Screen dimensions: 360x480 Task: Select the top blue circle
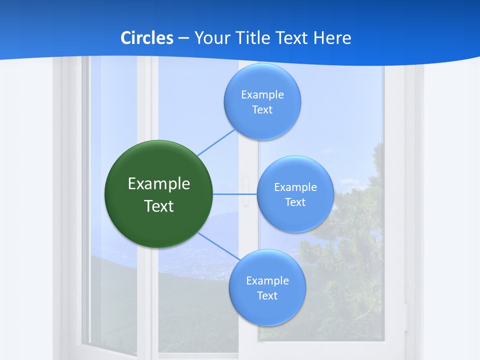pos(262,101)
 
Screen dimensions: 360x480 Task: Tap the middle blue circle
pos(295,194)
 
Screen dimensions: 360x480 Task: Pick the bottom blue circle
pos(267,287)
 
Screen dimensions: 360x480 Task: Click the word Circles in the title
pos(146,38)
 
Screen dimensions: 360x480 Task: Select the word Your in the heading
pos(211,38)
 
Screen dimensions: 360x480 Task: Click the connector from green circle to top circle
pos(216,142)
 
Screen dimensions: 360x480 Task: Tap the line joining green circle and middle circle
pos(235,193)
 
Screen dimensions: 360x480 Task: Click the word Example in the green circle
pos(159,183)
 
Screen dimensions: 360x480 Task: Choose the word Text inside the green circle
pos(159,206)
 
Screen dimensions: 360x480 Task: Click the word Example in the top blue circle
pos(262,94)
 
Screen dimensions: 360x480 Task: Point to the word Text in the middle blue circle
pos(295,202)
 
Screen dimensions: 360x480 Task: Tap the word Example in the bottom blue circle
pos(267,280)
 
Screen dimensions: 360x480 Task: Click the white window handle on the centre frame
pos(245,191)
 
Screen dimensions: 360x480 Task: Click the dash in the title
pos(183,38)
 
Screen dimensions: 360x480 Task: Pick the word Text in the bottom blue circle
pos(267,295)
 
